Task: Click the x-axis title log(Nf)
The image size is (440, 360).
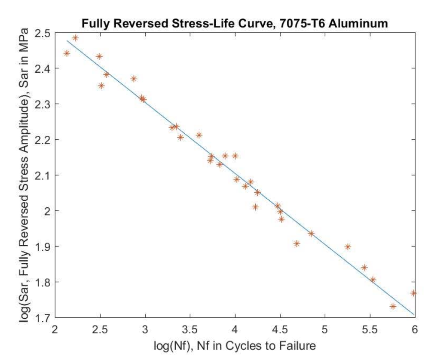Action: click(x=235, y=345)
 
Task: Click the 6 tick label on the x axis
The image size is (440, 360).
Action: click(x=415, y=329)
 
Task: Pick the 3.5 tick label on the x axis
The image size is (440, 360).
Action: click(x=190, y=329)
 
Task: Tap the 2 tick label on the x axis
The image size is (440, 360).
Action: click(x=55, y=329)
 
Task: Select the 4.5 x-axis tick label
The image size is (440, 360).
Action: click(x=280, y=329)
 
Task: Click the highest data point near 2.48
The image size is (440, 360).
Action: click(x=75, y=38)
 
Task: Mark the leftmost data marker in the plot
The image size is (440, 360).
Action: click(x=67, y=53)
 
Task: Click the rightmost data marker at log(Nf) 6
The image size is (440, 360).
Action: click(x=413, y=293)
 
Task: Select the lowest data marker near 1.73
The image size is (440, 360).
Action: click(x=393, y=306)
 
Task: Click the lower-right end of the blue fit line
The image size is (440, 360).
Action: click(x=414, y=314)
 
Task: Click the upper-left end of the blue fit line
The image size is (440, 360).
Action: click(x=67, y=41)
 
